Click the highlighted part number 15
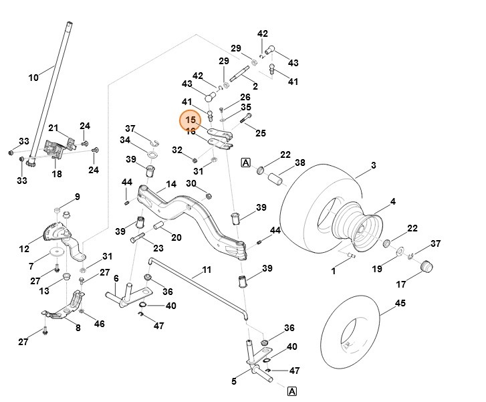191,120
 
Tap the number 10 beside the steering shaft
33,78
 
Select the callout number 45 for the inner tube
400,303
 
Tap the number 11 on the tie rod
207,270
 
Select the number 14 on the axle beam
171,184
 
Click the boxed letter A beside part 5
292,391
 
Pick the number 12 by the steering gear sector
24,249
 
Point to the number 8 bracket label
78,328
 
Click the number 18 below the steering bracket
57,174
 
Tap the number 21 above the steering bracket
53,128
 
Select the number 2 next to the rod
255,86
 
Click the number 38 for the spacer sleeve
299,163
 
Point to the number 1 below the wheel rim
334,272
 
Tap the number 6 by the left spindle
116,278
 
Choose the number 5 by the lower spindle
234,382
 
